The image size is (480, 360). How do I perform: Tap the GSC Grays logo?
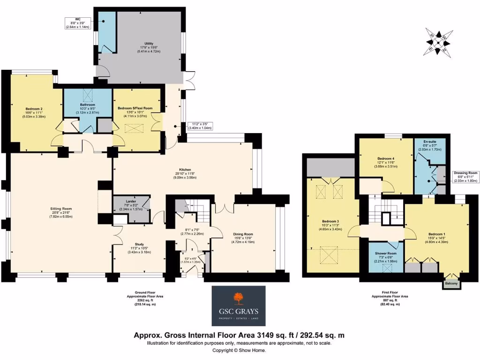pyautogui.click(x=239, y=306)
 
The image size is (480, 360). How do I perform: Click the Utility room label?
pyautogui.click(x=149, y=44)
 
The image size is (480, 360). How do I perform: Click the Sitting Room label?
pyautogui.click(x=61, y=208)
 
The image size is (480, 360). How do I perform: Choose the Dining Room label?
pyautogui.click(x=243, y=234)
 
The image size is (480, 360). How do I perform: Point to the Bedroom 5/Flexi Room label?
pyautogui.click(x=135, y=108)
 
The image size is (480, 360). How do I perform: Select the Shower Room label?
pyautogui.click(x=386, y=254)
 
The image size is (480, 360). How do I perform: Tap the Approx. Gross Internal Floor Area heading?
pyautogui.click(x=240, y=335)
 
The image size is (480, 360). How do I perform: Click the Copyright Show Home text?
pyautogui.click(x=240, y=350)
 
